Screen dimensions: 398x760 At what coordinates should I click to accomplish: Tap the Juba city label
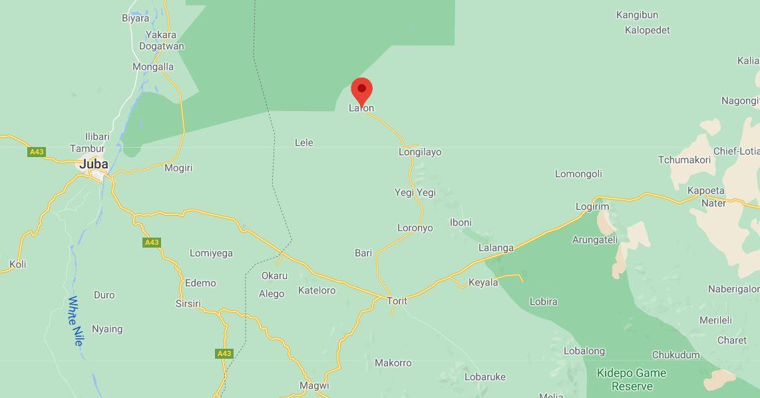pos(94,164)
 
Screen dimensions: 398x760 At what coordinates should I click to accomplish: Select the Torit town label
pos(397,301)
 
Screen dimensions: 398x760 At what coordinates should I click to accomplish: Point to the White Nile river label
pos(76,321)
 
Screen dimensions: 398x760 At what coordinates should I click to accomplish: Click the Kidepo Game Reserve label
pos(632,379)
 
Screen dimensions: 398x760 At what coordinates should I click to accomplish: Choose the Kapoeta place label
pos(705,190)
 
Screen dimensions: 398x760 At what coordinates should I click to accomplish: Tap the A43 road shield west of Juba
pos(37,152)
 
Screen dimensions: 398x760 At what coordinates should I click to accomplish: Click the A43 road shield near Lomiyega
pos(152,242)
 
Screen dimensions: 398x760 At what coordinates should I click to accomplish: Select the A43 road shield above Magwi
pos(224,353)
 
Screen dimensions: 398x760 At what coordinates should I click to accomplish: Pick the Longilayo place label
pos(420,152)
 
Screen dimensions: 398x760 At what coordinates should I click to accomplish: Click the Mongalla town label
pos(153,67)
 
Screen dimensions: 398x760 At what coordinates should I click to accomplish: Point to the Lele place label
pos(303,142)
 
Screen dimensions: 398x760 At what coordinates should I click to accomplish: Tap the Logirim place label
pos(592,206)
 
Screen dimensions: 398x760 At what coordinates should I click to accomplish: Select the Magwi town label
pos(314,385)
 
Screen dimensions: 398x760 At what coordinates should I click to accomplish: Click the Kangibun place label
pos(637,15)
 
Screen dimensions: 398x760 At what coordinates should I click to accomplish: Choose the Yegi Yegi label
pos(415,192)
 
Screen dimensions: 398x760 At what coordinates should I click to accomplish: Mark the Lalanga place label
pos(496,248)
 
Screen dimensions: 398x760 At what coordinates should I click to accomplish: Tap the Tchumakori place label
pos(684,160)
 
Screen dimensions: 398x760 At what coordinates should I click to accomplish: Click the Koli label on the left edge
pos(18,264)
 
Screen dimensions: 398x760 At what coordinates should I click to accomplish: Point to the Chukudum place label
pos(675,355)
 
